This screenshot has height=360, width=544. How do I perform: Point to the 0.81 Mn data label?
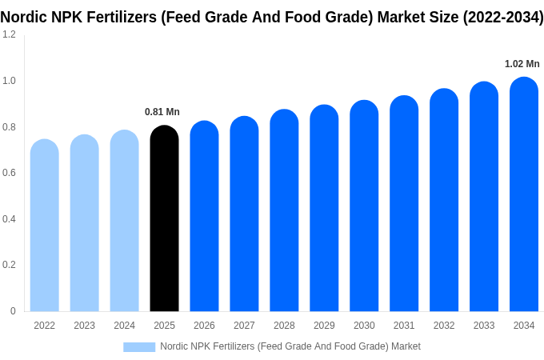(x=162, y=112)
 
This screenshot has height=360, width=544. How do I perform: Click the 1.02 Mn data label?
(x=522, y=64)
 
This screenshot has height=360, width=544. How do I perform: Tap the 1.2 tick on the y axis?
(x=9, y=34)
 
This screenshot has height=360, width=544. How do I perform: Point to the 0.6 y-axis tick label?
(x=9, y=173)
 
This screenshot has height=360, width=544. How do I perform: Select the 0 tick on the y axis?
(x=13, y=311)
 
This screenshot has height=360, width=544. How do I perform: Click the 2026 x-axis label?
(x=204, y=326)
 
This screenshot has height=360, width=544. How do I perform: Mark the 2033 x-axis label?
(x=484, y=326)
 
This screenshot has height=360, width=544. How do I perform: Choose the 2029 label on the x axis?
(x=324, y=326)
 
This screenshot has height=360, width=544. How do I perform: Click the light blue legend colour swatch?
(x=139, y=346)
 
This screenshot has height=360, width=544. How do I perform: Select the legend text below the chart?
(x=290, y=346)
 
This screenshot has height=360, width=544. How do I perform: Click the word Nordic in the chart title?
(x=23, y=17)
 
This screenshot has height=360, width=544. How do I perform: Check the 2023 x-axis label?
(x=84, y=326)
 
